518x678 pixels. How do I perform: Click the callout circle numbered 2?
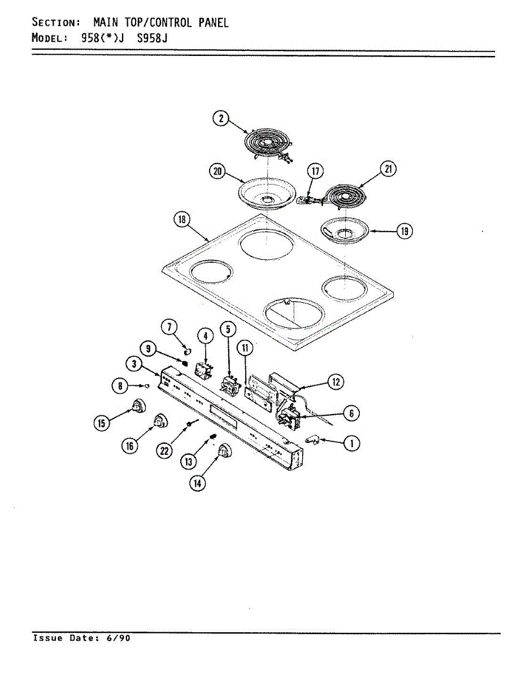221,119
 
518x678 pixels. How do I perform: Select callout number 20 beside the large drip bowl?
217,172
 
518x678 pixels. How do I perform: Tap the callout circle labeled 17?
314,171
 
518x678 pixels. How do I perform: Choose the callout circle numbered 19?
404,231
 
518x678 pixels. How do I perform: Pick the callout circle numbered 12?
336,383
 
